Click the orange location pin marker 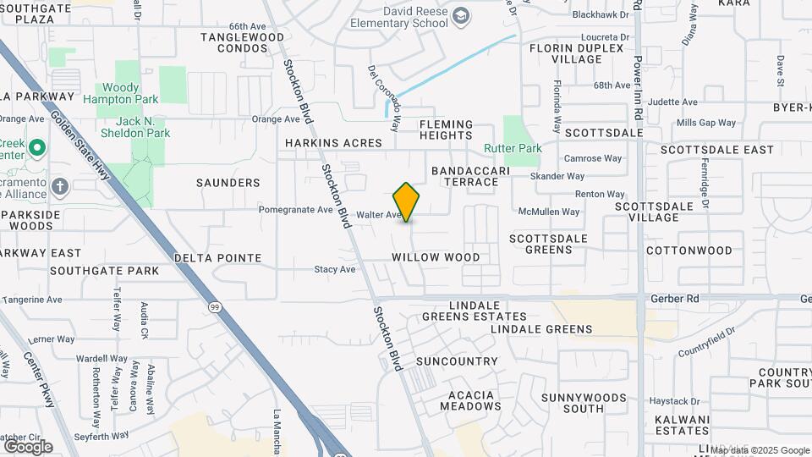406,201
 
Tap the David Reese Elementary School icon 461,16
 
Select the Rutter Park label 513,148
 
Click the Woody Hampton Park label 122,93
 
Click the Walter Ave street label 377,215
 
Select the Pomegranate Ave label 295,209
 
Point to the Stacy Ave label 335,269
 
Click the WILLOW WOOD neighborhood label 436,257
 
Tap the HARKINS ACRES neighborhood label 333,143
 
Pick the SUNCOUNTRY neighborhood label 458,361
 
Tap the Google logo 28,446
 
